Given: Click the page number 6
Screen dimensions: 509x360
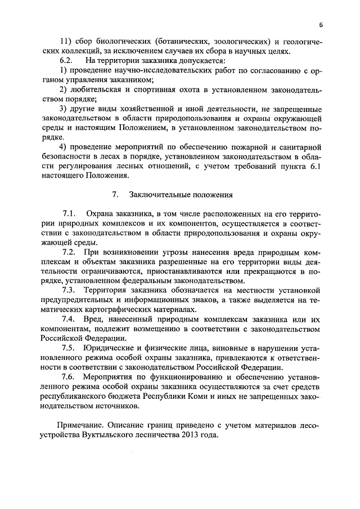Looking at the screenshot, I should coord(320,25).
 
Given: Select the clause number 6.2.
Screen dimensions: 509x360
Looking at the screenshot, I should coord(67,60).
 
